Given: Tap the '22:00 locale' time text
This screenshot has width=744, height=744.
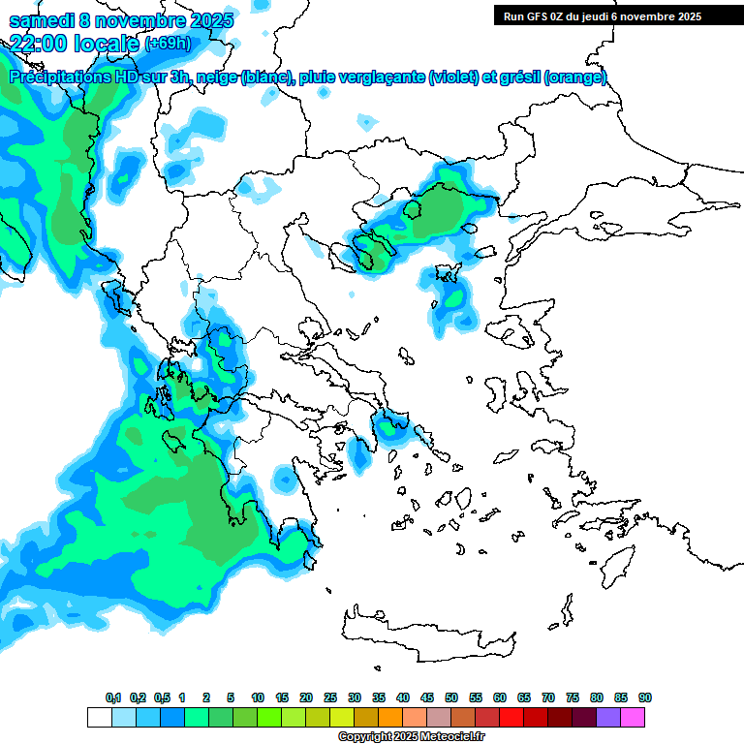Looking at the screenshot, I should coord(74,42).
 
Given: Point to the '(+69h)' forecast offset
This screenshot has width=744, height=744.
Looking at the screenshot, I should coord(168,43).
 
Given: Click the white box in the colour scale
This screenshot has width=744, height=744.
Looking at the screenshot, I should coord(99,718).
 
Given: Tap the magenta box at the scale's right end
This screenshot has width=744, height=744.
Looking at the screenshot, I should coord(633,718).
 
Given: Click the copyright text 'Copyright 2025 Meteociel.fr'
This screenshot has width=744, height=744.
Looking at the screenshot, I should coord(411,737).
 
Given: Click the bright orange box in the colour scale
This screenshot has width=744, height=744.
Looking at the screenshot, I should coord(390,718).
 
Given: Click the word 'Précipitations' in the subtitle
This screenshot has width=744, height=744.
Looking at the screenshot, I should coord(60,77).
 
